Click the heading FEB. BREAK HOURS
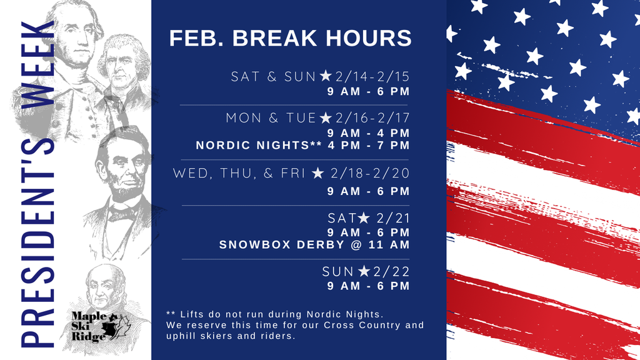(x=290, y=38)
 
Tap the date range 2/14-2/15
(x=372, y=77)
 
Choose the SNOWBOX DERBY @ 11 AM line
(x=314, y=244)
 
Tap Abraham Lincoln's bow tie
(x=122, y=214)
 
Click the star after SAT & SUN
(x=326, y=76)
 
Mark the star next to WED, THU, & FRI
(x=317, y=172)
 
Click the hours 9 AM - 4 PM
(x=368, y=133)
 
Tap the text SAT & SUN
(x=274, y=77)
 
